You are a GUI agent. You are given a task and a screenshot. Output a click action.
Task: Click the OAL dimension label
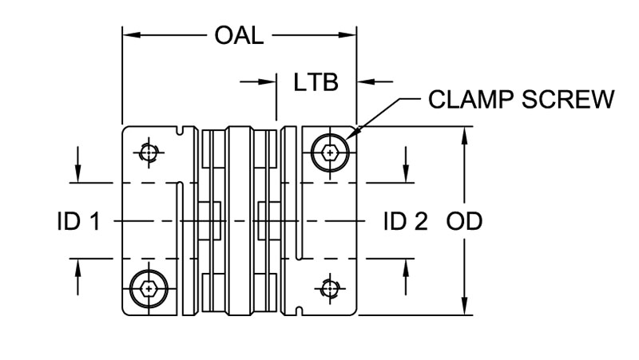tap(239, 36)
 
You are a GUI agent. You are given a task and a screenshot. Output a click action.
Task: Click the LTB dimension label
tap(316, 81)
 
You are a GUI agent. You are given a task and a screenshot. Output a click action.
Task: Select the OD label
tap(464, 221)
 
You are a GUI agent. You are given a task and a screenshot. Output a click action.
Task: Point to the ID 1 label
tap(78, 221)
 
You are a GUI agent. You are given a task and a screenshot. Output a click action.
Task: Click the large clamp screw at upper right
tap(329, 150)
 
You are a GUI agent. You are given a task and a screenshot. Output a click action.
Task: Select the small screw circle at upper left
tap(149, 151)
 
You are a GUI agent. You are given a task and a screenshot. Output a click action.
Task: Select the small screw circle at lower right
tap(329, 288)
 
